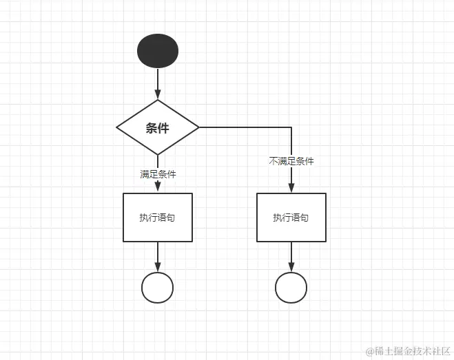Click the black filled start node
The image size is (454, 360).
(x=158, y=51)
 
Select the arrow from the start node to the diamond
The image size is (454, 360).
(x=158, y=83)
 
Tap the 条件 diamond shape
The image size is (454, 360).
(x=158, y=127)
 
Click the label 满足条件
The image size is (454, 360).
(x=158, y=174)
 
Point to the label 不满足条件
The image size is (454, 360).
(x=291, y=161)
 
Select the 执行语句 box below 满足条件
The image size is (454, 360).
(x=158, y=218)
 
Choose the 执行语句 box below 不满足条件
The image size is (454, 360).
(x=291, y=218)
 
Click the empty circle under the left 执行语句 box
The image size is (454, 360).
(x=158, y=288)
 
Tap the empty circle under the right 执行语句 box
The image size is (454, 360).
(x=291, y=288)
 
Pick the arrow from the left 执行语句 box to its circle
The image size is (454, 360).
(x=158, y=256)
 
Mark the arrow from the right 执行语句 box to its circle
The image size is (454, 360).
(x=291, y=256)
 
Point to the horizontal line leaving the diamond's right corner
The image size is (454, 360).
(x=245, y=127)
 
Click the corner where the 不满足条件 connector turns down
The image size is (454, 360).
(x=291, y=127)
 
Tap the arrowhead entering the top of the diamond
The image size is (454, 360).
(x=158, y=96)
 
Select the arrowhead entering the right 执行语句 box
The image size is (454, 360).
(x=291, y=189)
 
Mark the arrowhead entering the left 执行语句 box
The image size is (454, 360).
(x=158, y=189)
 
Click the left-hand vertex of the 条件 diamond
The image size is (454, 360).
(x=117, y=127)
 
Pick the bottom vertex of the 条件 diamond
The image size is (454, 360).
(x=158, y=154)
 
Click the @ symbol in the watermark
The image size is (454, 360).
(x=369, y=351)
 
